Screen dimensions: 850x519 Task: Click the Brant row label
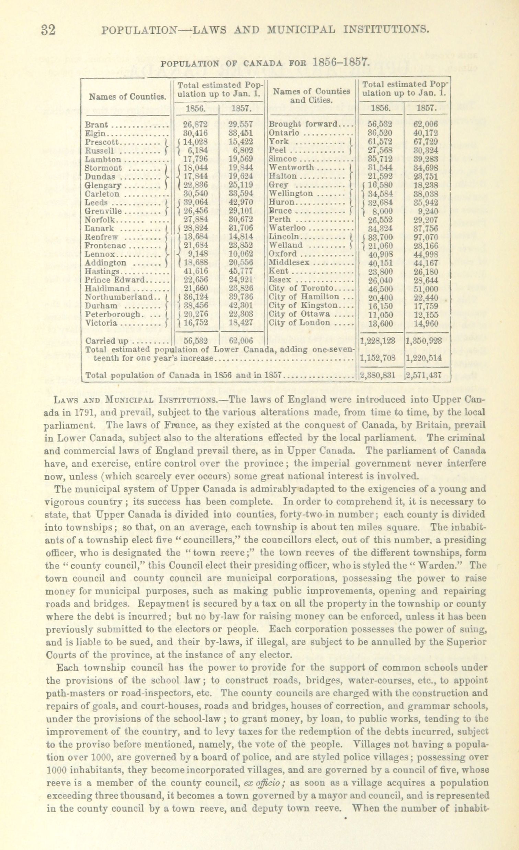(97, 124)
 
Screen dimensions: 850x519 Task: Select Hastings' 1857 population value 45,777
(240, 271)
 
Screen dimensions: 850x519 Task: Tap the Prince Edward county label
(115, 280)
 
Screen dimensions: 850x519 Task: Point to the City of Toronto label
(301, 288)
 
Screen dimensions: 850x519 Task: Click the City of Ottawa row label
(299, 314)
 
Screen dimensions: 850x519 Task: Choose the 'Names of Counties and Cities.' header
(311, 96)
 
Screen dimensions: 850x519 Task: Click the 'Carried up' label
(106, 341)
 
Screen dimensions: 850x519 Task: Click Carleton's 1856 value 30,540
(196, 194)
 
